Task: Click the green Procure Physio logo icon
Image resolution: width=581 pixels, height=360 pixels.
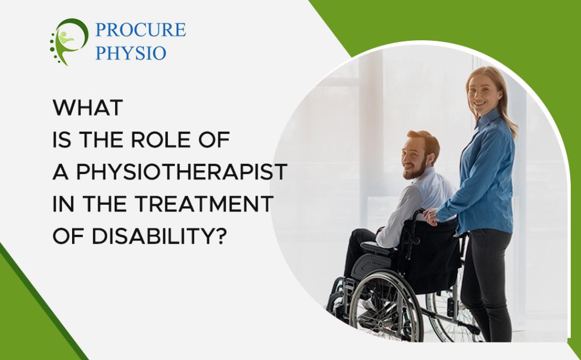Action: pos(69,41)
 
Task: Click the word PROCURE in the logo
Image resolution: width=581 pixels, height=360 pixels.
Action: pos(140,29)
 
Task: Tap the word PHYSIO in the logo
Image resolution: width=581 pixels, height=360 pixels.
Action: pos(130,53)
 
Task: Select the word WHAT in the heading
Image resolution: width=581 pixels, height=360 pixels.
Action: pos(87,108)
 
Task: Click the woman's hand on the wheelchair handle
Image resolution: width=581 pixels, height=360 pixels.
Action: pos(431,216)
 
